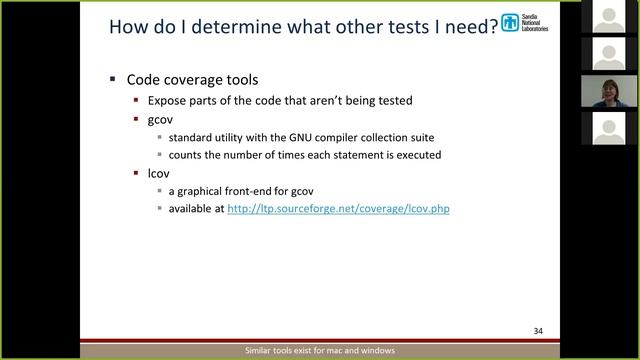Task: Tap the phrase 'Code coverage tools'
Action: pos(188,79)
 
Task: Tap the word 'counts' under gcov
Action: pos(187,155)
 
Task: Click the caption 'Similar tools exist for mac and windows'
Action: pos(320,351)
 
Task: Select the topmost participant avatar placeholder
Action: pos(610,16)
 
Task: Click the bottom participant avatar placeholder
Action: pos(610,127)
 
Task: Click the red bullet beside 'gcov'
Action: pos(137,119)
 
